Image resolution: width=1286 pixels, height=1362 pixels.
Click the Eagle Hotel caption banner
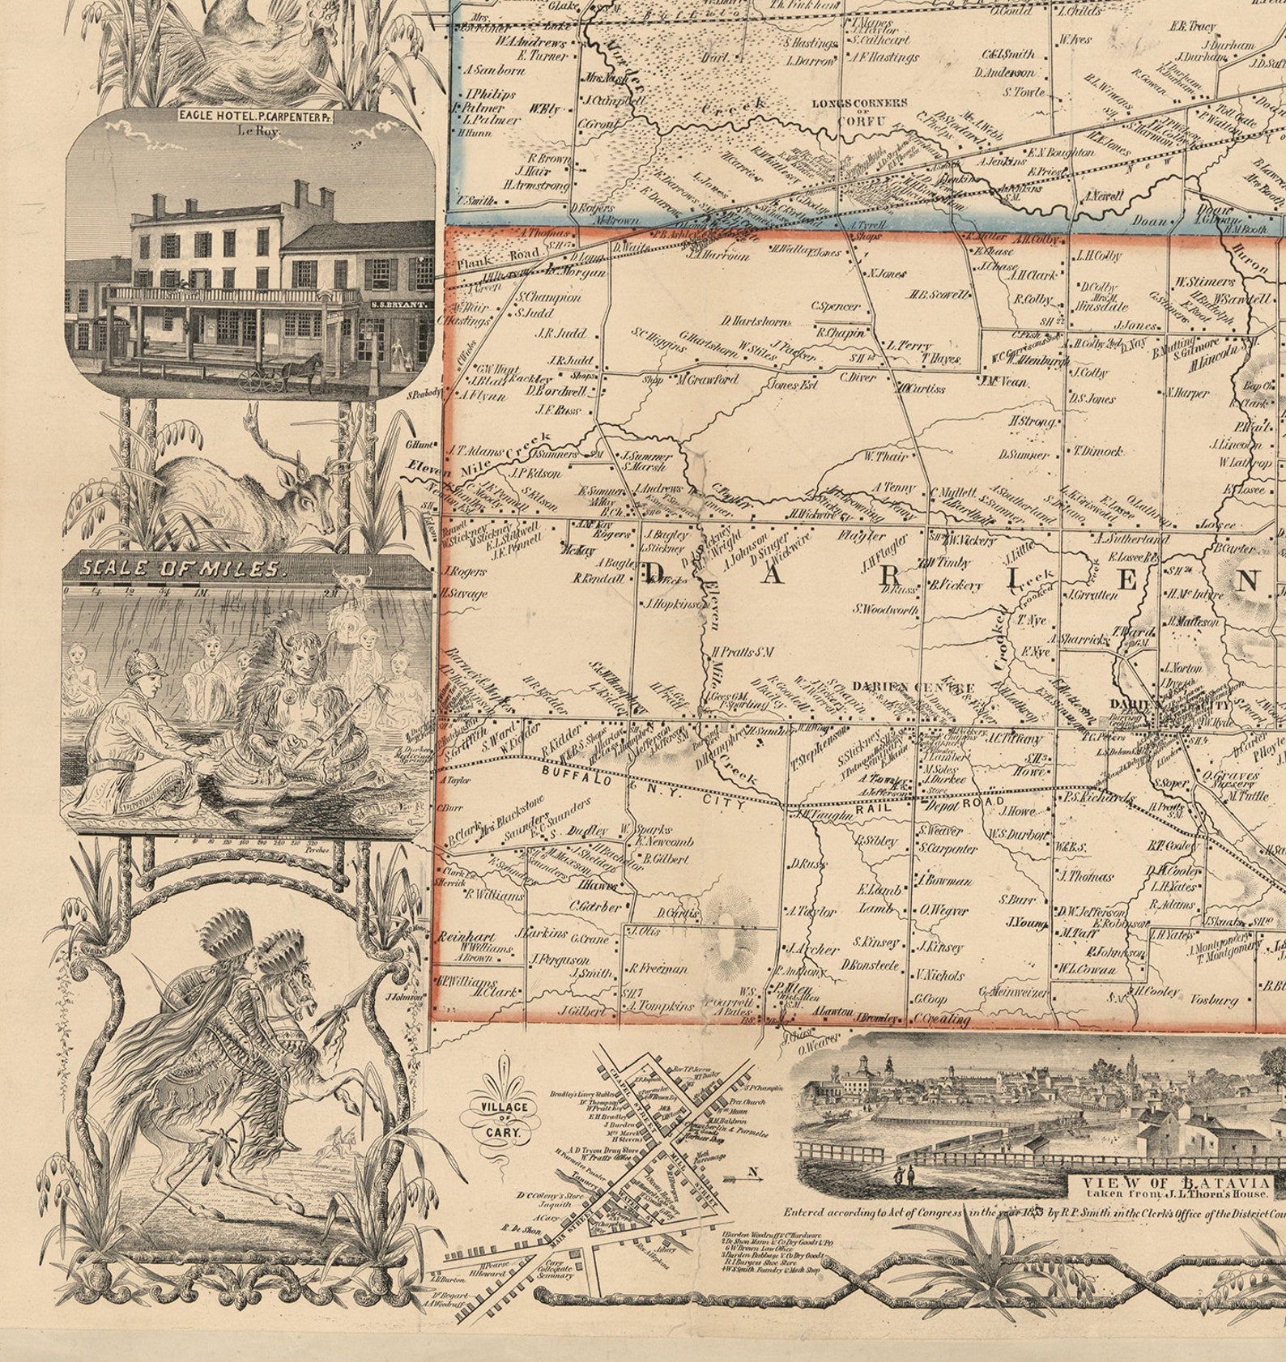coord(257,116)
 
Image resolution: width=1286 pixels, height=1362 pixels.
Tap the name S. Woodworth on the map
coord(885,609)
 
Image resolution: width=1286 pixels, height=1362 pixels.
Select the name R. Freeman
coord(658,968)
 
